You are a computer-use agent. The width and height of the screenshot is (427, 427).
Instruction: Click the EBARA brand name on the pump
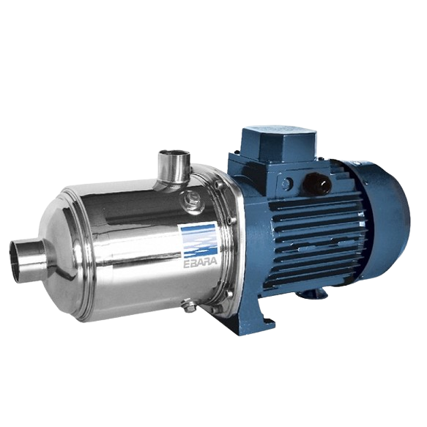(201, 261)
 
